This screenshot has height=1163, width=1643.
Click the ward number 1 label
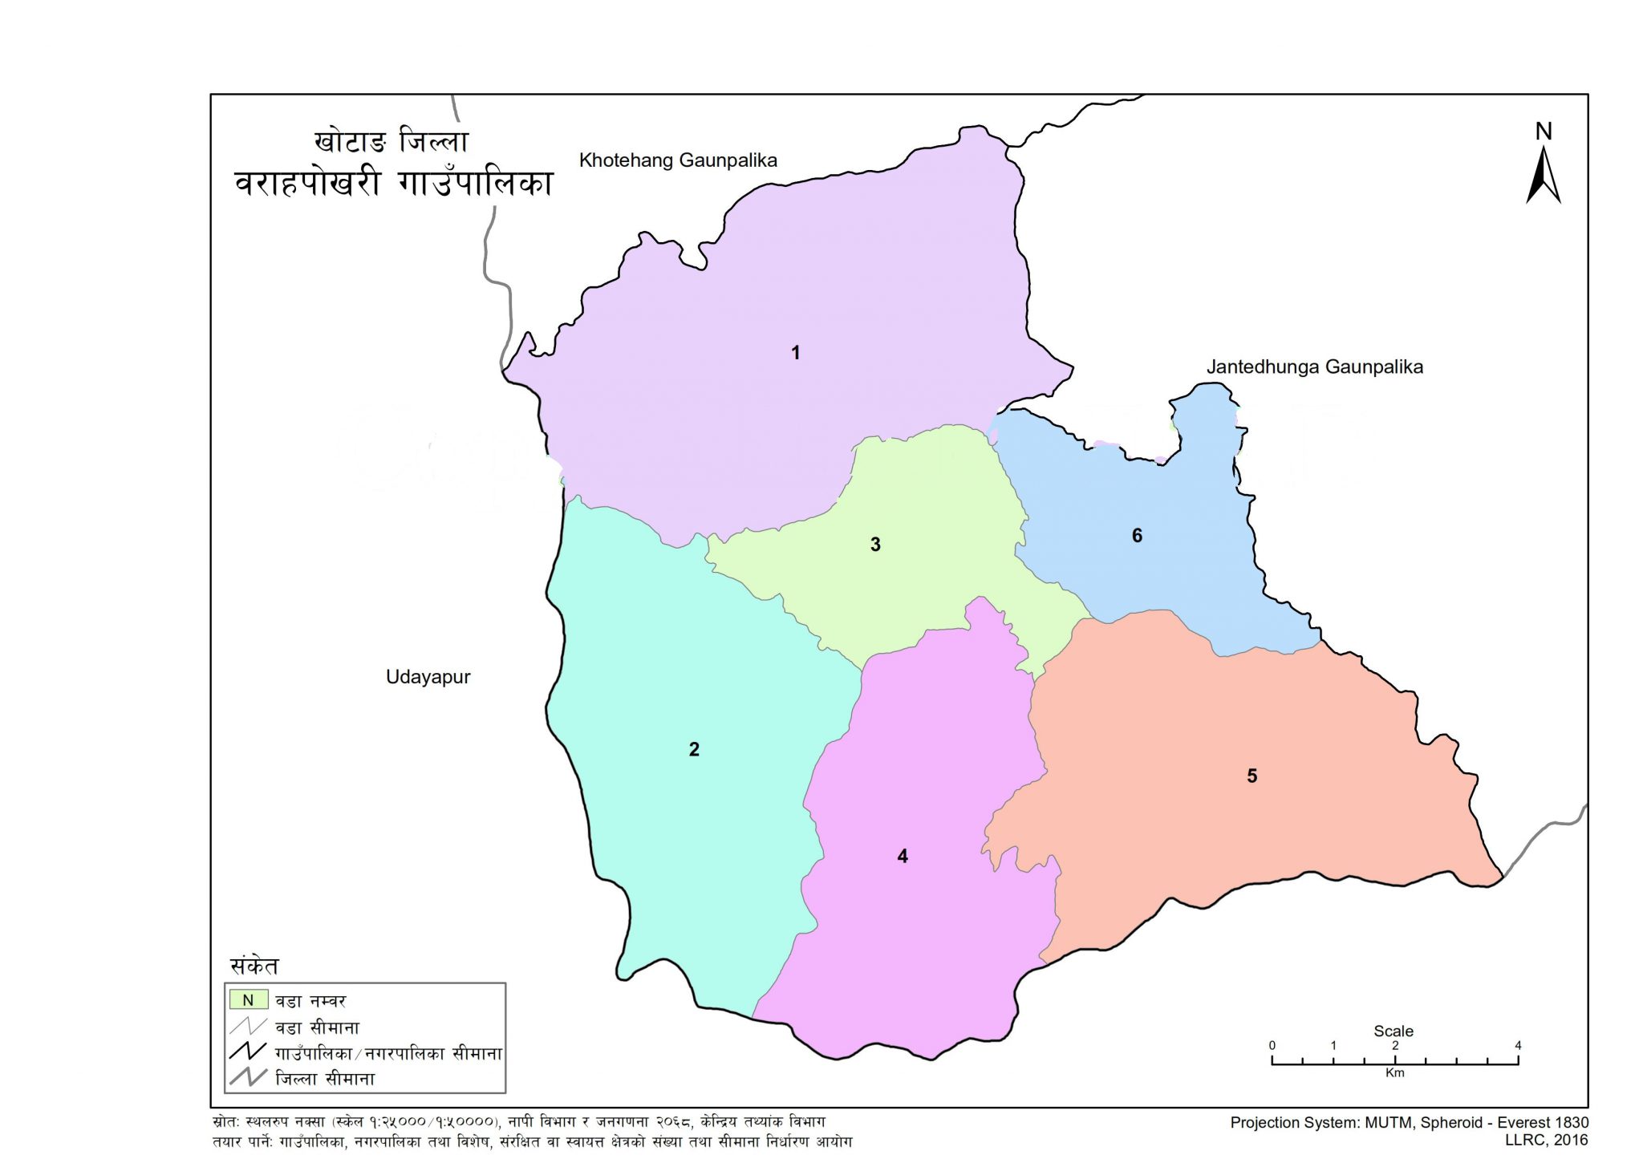[795, 353]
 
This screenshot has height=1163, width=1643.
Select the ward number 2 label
[694, 749]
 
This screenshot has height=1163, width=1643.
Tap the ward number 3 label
[875, 545]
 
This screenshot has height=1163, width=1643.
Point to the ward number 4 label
[903, 857]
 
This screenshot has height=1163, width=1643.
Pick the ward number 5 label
[1252, 776]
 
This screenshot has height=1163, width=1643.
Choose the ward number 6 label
[1137, 536]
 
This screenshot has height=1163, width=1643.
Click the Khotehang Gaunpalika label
[678, 160]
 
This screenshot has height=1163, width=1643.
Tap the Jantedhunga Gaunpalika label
[1314, 367]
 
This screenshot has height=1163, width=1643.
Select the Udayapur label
[428, 677]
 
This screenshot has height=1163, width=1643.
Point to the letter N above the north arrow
[1544, 132]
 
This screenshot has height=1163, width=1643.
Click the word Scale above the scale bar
[1394, 1031]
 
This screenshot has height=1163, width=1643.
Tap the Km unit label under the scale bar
[1394, 1073]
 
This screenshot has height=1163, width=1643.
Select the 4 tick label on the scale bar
[1518, 1046]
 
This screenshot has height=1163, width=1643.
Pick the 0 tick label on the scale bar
[1272, 1046]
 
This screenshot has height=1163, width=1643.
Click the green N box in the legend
[248, 1000]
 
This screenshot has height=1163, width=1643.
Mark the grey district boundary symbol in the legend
[247, 1078]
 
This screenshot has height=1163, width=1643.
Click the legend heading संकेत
[254, 966]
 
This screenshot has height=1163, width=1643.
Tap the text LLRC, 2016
[1546, 1140]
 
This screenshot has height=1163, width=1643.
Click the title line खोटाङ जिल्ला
[391, 141]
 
